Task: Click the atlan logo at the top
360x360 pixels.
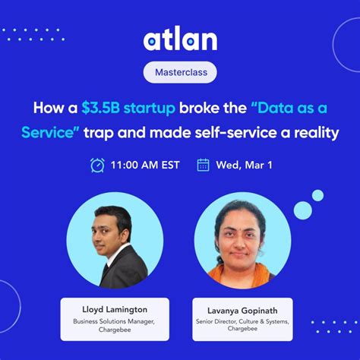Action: click(179, 39)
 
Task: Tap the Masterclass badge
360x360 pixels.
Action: click(179, 73)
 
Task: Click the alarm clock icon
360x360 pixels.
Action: click(97, 164)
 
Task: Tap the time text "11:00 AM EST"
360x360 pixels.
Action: click(144, 164)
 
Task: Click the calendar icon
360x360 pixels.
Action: click(203, 164)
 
